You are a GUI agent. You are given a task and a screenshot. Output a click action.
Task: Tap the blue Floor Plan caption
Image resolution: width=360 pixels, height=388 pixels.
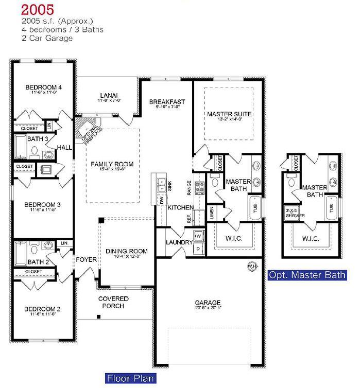(x=130, y=379)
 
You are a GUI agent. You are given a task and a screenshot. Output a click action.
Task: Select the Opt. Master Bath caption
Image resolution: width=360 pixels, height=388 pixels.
(x=307, y=275)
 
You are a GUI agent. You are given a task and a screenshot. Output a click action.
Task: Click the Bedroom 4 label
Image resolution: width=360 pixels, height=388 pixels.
(x=44, y=87)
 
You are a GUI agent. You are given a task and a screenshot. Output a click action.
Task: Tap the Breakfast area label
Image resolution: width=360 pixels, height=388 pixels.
(x=167, y=102)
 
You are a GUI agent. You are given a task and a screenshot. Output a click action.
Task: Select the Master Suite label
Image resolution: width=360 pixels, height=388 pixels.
(x=229, y=114)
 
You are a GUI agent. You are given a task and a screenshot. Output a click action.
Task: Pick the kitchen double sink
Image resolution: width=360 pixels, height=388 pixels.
(x=161, y=182)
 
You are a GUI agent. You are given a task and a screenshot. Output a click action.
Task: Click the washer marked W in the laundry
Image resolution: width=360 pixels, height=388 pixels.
(x=200, y=236)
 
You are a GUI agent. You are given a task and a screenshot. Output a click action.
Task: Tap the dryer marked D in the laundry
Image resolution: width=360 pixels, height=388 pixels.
(x=200, y=249)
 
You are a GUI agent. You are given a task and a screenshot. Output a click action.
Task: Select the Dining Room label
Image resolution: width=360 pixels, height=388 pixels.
(x=127, y=251)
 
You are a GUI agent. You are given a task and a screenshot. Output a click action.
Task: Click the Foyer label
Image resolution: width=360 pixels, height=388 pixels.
(x=87, y=260)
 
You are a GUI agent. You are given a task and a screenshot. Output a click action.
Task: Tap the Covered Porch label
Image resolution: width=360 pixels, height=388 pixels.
(x=113, y=302)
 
